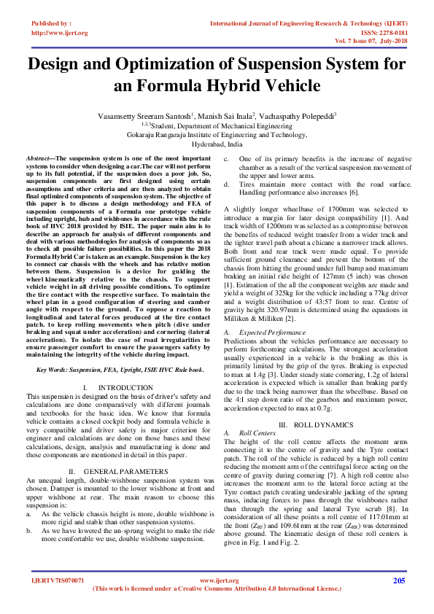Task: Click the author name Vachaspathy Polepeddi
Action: pos(297,116)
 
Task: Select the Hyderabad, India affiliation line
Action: pos(216,145)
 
